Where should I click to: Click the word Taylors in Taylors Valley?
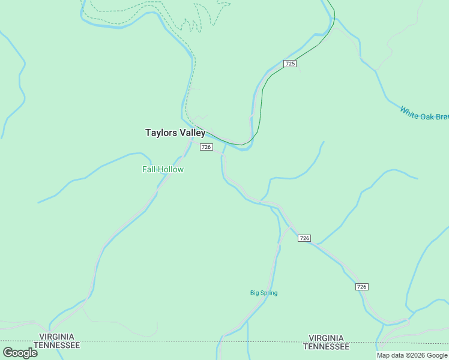(x=160, y=133)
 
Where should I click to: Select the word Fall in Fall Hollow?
(x=149, y=170)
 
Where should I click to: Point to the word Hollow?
(x=171, y=170)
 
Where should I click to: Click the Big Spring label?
(x=264, y=293)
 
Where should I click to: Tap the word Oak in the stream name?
(x=427, y=115)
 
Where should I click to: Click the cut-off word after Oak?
(x=443, y=118)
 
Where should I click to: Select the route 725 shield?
(x=290, y=64)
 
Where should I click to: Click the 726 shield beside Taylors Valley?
(x=206, y=147)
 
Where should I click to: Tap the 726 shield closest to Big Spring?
(x=304, y=238)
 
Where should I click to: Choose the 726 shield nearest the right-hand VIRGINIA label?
(x=361, y=287)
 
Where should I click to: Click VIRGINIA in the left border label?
(x=56, y=337)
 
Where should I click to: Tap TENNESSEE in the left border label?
(x=56, y=346)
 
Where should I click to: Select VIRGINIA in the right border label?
(x=326, y=338)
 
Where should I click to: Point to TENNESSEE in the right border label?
(x=326, y=347)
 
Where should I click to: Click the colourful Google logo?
(x=20, y=352)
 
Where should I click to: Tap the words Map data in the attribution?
(x=390, y=356)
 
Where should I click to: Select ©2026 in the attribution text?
(x=415, y=356)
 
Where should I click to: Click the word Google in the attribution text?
(x=438, y=356)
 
